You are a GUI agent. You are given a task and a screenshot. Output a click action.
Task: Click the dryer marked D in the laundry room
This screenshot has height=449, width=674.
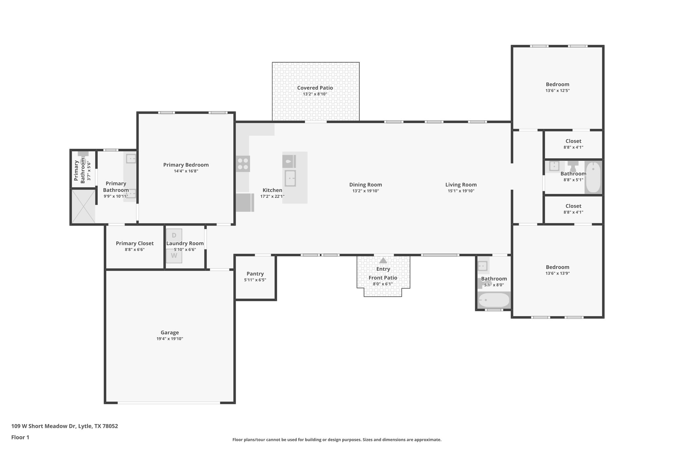point(174,235)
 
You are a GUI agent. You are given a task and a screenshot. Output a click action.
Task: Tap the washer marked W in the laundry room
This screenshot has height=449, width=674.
point(174,256)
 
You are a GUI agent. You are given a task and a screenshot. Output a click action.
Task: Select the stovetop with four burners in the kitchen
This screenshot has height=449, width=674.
point(243,164)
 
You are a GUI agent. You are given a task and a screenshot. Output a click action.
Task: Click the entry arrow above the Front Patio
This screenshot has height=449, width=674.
point(383,261)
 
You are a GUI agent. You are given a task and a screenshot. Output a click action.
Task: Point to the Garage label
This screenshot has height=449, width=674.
point(170,333)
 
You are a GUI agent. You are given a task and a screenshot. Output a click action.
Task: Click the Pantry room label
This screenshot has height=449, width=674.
point(255,274)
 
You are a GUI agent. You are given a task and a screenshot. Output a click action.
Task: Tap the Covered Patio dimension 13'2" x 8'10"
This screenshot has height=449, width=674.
point(315,94)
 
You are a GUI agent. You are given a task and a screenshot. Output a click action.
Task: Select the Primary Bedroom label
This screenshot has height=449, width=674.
point(186,165)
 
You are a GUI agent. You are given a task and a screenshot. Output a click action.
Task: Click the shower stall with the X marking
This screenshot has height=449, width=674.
point(83,206)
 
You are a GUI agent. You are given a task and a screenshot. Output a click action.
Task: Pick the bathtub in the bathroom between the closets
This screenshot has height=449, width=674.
point(593,177)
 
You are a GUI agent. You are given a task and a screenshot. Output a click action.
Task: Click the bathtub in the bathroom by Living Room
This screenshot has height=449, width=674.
point(494,300)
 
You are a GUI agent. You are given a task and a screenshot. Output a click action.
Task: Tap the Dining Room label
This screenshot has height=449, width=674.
point(366,185)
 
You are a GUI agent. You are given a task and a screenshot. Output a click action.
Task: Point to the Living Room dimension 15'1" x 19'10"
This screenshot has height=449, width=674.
point(461,191)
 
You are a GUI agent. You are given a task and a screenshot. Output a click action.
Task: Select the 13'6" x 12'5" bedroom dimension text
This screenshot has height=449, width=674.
point(557,90)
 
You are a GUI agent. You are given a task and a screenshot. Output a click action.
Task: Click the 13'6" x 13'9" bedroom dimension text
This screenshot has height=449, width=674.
point(557,273)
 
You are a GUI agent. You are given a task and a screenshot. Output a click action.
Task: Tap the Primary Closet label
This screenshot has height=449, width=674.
point(135,243)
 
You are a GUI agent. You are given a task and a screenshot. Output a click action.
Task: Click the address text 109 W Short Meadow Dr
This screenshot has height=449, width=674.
point(65,426)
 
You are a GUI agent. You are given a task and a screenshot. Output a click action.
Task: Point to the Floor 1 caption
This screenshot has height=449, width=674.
point(20,437)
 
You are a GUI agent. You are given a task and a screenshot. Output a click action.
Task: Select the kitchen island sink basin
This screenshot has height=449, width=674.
point(290,178)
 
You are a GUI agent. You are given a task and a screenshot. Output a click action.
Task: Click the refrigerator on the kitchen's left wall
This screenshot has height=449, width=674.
point(245,202)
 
